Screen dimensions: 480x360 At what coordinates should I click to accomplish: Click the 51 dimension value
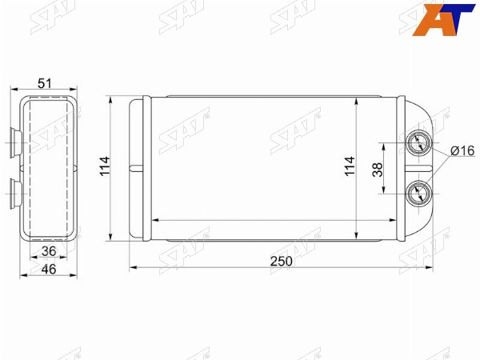coord(45,83)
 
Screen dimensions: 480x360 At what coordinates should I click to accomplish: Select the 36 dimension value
coord(49,251)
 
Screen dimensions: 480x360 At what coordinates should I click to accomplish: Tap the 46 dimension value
coord(49,270)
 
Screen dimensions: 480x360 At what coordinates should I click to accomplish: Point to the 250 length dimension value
coord(282,262)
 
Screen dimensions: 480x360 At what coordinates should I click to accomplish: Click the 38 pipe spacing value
coord(378,170)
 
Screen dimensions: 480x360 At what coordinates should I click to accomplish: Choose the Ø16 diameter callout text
coord(462,151)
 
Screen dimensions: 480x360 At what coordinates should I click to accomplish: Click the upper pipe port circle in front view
coord(418,143)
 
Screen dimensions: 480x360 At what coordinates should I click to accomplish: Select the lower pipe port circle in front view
coord(418,194)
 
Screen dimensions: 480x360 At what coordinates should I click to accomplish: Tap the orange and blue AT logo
coord(442,19)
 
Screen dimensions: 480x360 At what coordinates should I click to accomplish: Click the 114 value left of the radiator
coord(105,166)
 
